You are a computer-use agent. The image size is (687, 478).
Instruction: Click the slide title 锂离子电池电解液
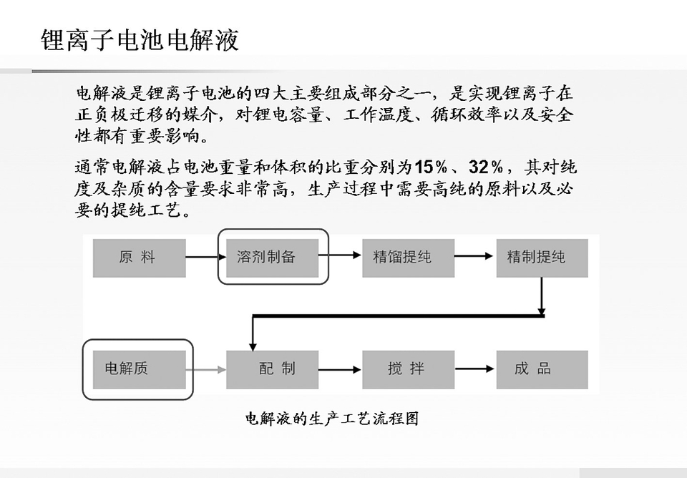140,40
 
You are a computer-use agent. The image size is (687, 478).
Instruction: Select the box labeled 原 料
140,258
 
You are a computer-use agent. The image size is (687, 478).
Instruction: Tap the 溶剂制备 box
273,258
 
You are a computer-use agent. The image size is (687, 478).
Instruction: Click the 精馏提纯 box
409,258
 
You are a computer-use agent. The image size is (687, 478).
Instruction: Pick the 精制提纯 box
542,258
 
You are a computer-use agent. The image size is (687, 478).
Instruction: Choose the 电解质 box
140,369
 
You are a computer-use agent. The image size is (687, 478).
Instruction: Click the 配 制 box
273,369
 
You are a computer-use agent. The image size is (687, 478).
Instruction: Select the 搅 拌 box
409,369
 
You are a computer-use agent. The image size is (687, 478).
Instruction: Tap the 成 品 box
542,369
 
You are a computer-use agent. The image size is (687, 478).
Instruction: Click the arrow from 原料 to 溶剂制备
206,256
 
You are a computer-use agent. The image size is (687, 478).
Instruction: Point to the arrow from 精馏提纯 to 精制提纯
474,256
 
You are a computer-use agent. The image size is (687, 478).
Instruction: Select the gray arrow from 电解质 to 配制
206,370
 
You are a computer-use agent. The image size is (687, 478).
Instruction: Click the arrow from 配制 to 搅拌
339,370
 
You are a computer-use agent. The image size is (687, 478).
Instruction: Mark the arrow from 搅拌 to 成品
474,369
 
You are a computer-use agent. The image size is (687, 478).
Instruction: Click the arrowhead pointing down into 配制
253,346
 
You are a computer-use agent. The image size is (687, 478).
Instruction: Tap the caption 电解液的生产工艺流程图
331,419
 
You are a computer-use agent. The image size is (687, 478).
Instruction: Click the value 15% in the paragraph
431,167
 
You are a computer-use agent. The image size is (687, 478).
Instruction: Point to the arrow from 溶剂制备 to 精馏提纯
339,255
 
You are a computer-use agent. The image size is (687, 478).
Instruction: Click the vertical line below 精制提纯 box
542,296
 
